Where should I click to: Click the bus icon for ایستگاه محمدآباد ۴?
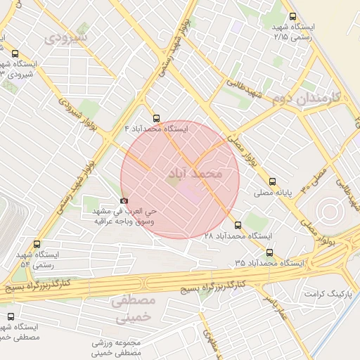tap(156, 119)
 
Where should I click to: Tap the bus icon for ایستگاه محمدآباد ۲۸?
tap(238, 226)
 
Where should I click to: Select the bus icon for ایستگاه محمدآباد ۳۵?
tap(269, 252)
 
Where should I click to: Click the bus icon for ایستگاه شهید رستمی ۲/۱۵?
tap(292, 18)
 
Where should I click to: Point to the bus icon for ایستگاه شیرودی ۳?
tap(15, 53)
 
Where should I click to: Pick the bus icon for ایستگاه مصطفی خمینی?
tap(10, 317)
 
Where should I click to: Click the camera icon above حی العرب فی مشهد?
tap(124, 200)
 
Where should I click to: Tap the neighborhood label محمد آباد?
tap(195, 172)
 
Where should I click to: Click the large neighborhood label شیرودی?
tap(66, 36)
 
